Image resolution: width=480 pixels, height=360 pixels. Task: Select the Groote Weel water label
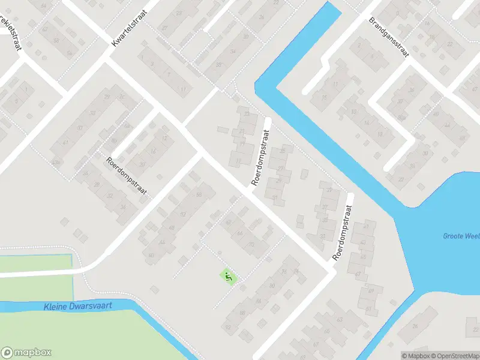(461, 236)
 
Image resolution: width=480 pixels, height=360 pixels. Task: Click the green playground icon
(229, 277)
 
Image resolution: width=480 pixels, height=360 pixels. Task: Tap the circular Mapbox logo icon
(8, 352)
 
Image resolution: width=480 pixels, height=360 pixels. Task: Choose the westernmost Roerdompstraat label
(126, 178)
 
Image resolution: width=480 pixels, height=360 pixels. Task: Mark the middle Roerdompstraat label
(259, 157)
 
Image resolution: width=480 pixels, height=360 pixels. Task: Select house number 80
(272, 286)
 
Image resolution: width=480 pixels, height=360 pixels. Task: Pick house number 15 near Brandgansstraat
(323, 98)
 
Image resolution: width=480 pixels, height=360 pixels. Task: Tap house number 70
(250, 245)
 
